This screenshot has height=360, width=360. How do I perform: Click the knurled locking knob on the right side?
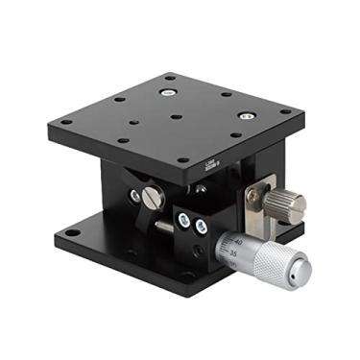click(x=286, y=203)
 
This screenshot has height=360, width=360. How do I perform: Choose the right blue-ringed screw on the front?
click(x=201, y=228)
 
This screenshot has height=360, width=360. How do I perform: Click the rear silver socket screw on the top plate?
click(x=167, y=93)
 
